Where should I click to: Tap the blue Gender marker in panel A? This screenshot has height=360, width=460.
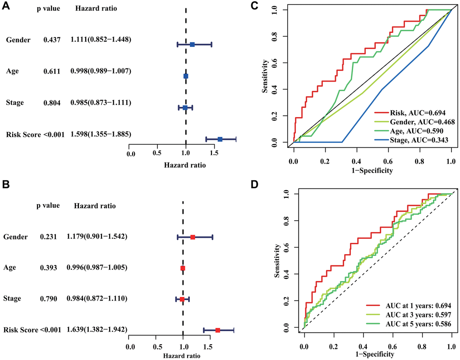pos(192,44)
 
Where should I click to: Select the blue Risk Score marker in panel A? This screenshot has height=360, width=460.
pos(220,139)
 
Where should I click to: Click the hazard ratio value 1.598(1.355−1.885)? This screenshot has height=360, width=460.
pos(101,134)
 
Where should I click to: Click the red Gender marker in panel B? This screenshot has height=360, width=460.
pos(193,237)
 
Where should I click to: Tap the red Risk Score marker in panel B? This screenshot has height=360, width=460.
pos(217,330)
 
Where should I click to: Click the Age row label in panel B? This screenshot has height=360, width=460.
pos(10,268)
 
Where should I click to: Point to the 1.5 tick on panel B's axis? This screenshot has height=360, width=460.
pos(208,347)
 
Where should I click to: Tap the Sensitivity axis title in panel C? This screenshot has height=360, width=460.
pos(266,75)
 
